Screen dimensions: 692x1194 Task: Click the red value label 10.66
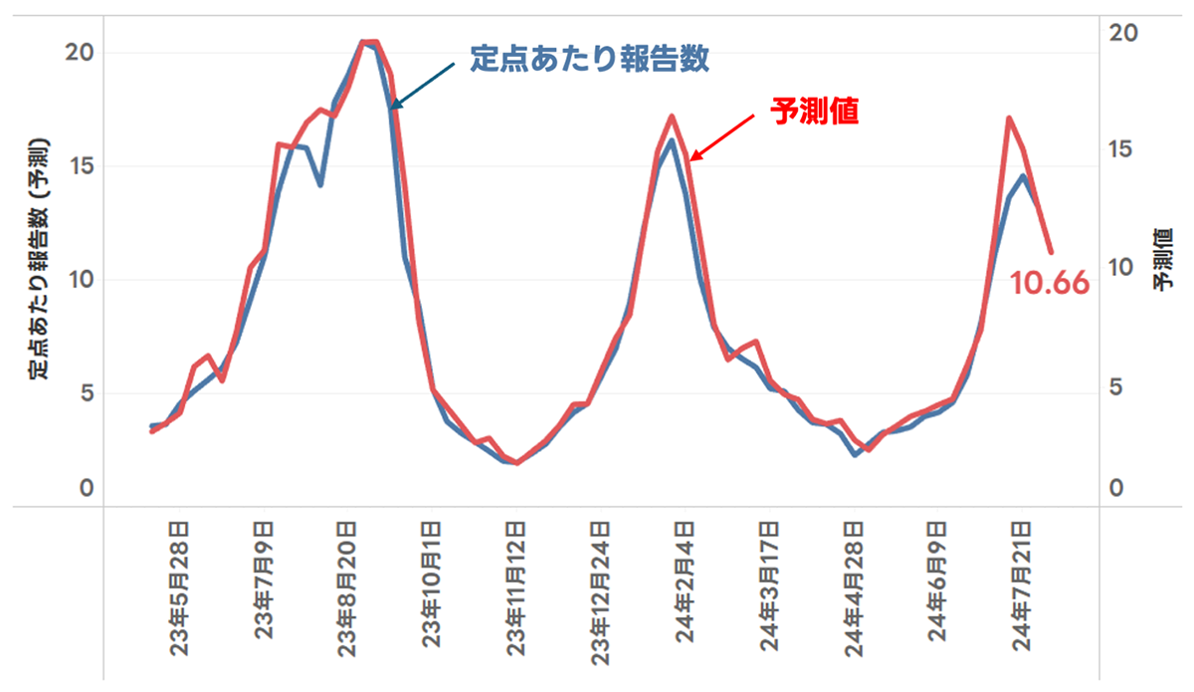click(x=1050, y=285)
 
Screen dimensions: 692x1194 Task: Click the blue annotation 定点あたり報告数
click(x=589, y=59)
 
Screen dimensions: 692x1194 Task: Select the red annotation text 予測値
click(x=814, y=111)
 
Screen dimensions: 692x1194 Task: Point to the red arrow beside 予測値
click(x=723, y=135)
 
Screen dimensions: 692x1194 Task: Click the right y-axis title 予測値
click(x=1162, y=258)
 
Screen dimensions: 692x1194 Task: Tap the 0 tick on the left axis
click(x=86, y=489)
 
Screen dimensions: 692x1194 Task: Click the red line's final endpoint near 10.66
click(x=1051, y=252)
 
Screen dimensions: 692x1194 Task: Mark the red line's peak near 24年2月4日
click(x=673, y=116)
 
